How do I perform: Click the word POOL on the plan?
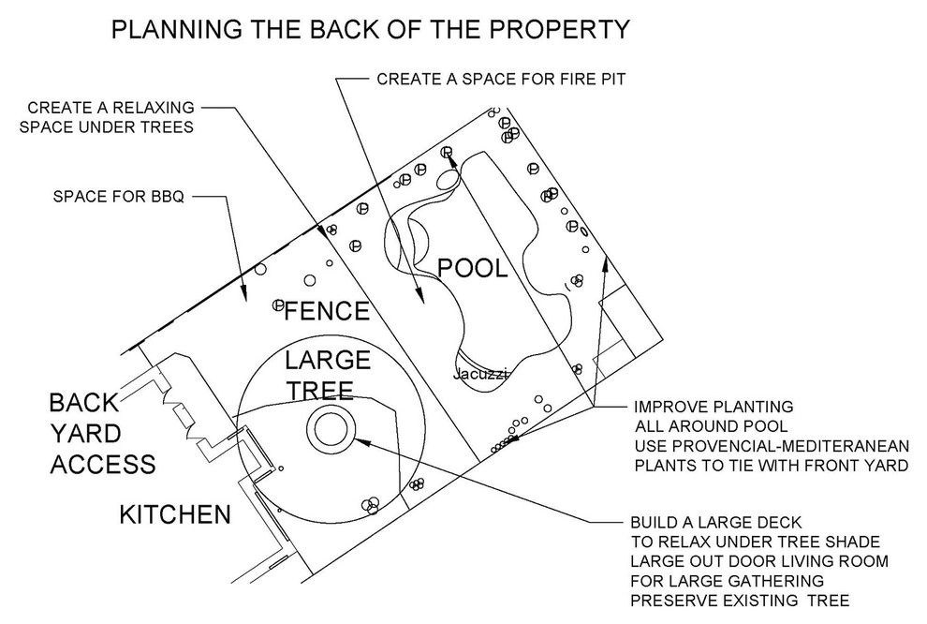(472, 269)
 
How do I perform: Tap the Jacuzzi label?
(480, 375)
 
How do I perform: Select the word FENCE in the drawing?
(328, 311)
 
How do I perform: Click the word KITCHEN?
(175, 514)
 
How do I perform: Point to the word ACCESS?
(103, 465)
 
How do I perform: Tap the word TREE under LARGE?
(320, 391)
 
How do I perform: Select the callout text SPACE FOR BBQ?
(118, 197)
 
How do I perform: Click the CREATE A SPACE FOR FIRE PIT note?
(501, 79)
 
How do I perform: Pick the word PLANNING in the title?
(177, 30)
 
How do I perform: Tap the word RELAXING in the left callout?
(154, 108)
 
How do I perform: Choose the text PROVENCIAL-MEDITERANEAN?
(772, 446)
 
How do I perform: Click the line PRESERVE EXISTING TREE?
(740, 601)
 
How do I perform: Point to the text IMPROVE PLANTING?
(714, 407)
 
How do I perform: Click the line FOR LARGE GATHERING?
(728, 581)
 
